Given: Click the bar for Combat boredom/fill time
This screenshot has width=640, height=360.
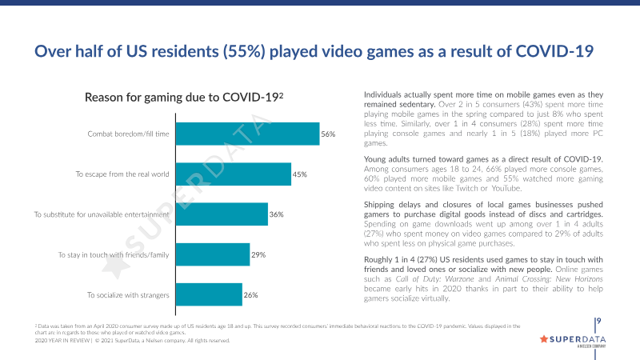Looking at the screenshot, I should pos(246,134).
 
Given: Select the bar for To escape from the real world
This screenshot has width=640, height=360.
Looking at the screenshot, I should pos(232,174).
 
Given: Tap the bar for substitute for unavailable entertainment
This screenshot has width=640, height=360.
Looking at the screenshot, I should pos(221,214).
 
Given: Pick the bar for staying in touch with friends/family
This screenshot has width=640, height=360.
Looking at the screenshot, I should pos(212,254).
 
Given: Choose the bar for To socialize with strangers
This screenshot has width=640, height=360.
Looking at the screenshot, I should pos(208,295).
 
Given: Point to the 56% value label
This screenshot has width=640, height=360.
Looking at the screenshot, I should pos(327,134).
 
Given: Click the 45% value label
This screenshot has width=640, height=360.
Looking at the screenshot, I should pos(300,174).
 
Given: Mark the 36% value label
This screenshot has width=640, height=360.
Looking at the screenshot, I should pos(277,214).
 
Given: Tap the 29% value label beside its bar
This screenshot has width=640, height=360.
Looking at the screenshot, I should pos(258,254).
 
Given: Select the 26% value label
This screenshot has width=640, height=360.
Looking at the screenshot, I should pos(250,295).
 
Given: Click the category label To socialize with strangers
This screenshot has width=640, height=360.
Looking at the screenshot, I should pos(128,295).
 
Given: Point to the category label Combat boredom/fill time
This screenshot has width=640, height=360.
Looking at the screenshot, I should pos(128,134).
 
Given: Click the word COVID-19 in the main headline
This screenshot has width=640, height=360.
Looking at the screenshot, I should pos(544,51).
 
